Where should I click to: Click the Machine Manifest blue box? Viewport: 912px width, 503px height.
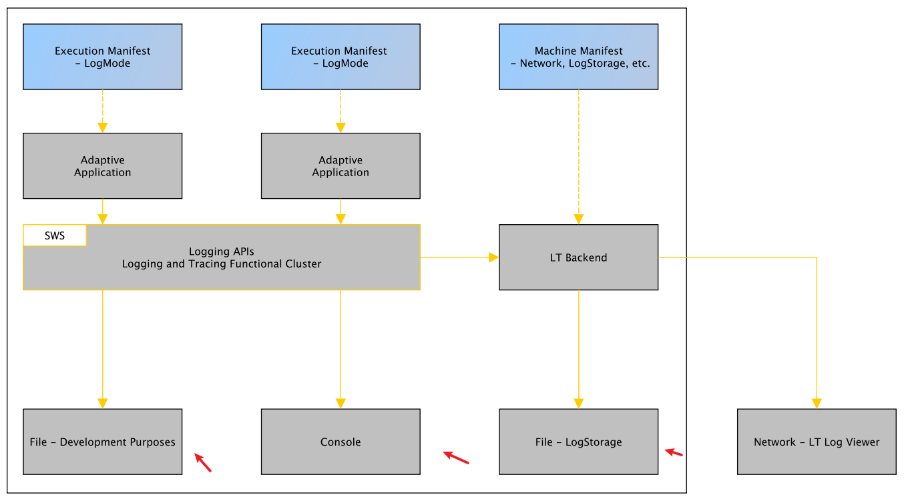tap(578, 57)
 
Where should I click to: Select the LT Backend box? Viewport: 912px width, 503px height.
tap(578, 258)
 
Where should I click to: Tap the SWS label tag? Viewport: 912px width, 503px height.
tap(55, 235)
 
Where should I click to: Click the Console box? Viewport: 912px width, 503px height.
tap(340, 442)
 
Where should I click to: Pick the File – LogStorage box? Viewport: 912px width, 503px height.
tap(578, 442)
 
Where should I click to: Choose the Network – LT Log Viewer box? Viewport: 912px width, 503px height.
tap(817, 442)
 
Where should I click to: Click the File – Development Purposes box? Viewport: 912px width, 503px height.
tap(102, 442)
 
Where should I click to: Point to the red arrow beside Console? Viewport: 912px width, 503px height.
tap(456, 457)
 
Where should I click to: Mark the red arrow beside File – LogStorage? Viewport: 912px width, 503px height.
tap(674, 453)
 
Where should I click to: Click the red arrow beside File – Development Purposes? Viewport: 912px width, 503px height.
tap(203, 462)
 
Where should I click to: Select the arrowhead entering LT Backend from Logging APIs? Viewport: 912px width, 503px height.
tap(494, 258)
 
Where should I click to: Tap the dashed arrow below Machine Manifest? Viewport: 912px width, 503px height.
tap(578, 153)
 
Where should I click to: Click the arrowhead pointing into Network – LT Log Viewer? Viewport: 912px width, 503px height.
tap(817, 404)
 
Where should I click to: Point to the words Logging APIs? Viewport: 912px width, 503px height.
tap(221, 251)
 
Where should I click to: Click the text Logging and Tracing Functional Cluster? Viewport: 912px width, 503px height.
tap(221, 264)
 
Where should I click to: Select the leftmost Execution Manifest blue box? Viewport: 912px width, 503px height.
tap(102, 57)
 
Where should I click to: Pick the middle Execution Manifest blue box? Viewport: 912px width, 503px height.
tap(340, 57)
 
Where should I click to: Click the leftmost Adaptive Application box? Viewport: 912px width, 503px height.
tap(102, 166)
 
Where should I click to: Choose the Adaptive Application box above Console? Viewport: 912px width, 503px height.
tap(340, 166)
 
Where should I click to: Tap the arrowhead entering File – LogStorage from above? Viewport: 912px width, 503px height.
tap(578, 404)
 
